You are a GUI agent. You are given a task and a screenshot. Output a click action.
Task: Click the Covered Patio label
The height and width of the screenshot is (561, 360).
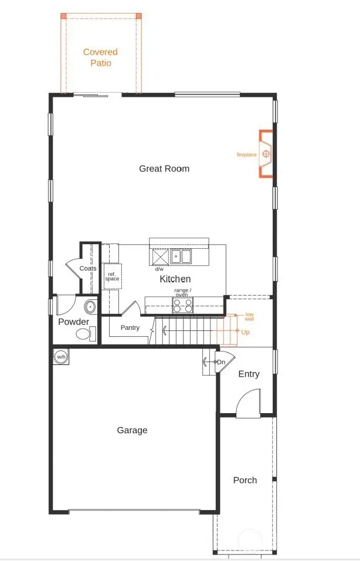click(x=100, y=58)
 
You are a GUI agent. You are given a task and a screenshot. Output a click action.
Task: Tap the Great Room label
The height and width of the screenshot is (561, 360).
click(x=164, y=169)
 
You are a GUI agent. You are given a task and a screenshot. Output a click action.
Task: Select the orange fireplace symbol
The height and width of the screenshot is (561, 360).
click(x=266, y=154)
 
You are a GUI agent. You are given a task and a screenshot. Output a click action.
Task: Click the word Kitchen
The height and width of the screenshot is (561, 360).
click(x=175, y=279)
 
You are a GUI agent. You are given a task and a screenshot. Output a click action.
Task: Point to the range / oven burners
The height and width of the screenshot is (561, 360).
click(x=182, y=305)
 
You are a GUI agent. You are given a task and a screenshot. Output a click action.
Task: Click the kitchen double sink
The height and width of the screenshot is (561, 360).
click(x=181, y=256)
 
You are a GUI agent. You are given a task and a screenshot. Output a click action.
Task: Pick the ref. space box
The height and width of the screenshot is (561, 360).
click(x=112, y=276)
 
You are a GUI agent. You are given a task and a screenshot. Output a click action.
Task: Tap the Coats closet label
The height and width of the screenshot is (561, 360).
click(x=88, y=268)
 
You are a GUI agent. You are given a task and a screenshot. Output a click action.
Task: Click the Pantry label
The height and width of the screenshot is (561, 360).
click(x=130, y=327)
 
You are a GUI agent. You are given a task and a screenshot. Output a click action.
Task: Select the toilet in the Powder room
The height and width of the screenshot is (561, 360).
click(x=84, y=334)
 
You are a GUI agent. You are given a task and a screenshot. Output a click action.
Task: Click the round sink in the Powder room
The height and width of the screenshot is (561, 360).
click(x=91, y=306)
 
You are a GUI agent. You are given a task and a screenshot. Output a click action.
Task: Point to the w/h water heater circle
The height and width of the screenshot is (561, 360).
click(x=60, y=356)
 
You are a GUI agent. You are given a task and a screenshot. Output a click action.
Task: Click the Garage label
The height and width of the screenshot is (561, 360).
click(x=132, y=430)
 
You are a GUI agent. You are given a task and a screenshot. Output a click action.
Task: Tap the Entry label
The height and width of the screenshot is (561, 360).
click(x=249, y=374)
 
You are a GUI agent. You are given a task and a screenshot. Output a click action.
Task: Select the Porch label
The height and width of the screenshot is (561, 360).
click(x=245, y=480)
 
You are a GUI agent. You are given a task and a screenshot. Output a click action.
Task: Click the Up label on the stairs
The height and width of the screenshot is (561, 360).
click(x=245, y=332)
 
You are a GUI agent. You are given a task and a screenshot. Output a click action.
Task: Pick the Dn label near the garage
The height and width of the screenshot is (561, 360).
click(x=221, y=362)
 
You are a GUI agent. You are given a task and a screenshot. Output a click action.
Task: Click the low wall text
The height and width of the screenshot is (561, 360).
click(x=249, y=317)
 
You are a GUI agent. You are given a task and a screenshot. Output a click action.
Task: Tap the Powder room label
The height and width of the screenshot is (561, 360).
click(x=73, y=322)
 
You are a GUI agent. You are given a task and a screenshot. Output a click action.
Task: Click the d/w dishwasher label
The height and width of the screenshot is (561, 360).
click(x=159, y=269)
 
